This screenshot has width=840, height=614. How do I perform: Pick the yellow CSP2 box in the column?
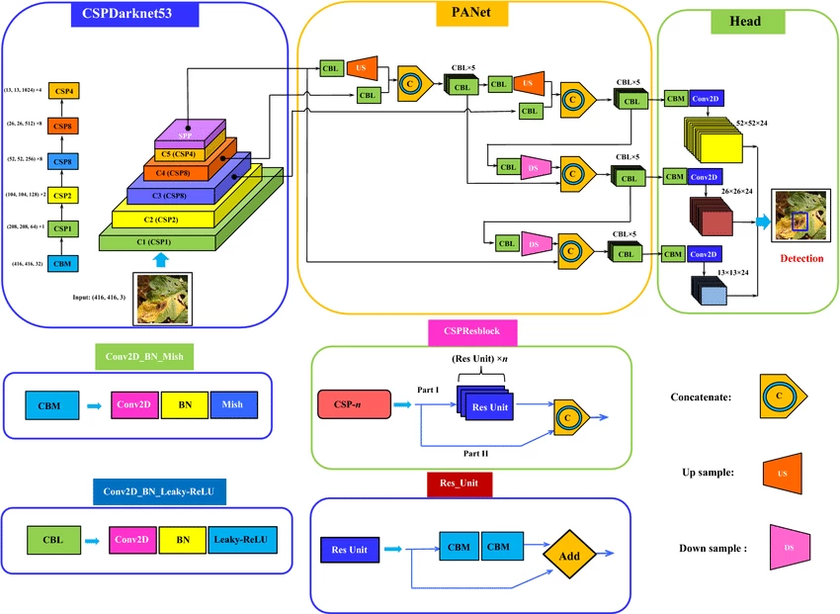tap(62, 196)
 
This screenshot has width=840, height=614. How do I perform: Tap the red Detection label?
tap(801, 258)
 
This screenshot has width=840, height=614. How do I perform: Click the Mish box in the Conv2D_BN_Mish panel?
tap(233, 404)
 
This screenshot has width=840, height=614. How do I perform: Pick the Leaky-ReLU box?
tap(244, 540)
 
